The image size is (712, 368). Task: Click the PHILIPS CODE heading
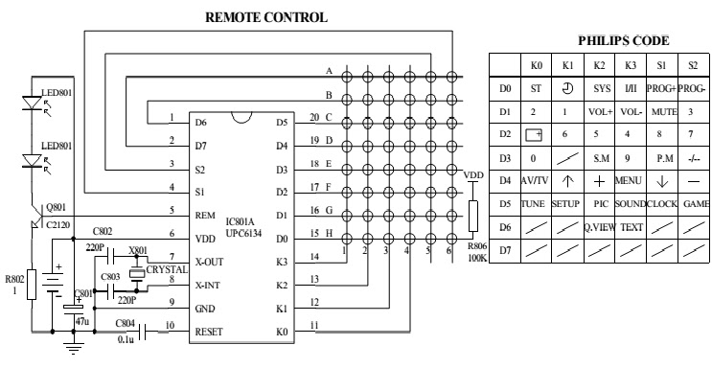tap(625, 41)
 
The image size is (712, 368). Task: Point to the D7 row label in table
tap(505, 251)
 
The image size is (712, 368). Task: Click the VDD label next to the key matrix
tap(473, 176)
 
